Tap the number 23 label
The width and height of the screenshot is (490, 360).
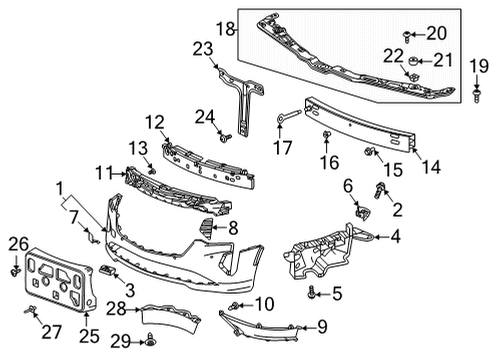pyautogui.click(x=204, y=48)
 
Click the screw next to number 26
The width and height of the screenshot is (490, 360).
pyautogui.click(x=16, y=271)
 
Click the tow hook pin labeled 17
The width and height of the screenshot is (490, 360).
pyautogui.click(x=286, y=121)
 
